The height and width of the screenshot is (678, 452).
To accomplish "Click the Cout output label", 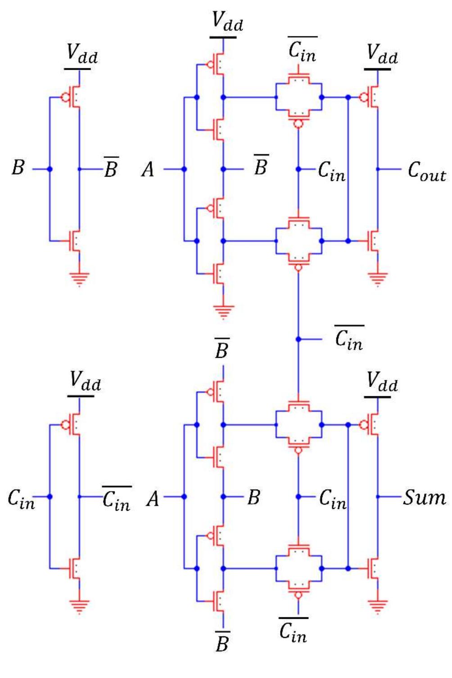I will click(x=426, y=171).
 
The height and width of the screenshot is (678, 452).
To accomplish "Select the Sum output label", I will click(x=424, y=498).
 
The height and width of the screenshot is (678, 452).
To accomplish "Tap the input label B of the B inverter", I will click(x=18, y=168).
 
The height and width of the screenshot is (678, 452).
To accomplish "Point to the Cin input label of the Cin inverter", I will click(x=21, y=498).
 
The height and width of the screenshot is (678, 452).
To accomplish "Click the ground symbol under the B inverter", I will click(x=79, y=278).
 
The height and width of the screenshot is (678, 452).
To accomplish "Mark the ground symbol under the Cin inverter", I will click(x=79, y=606).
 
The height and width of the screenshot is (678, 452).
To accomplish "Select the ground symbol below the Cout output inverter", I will click(x=377, y=278).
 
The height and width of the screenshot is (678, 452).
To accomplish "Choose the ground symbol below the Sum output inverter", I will click(x=377, y=606).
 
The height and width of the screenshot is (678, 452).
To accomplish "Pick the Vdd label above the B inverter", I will click(x=81, y=54).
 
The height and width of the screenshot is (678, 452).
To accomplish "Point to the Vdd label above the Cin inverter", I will click(x=85, y=382).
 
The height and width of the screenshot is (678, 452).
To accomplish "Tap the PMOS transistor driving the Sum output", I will click(x=371, y=424).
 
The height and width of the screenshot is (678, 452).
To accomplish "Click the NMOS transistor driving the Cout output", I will click(x=372, y=241).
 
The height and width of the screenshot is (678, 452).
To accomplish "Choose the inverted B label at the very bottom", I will click(x=222, y=642).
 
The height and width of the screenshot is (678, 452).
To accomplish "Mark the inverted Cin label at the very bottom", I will click(x=293, y=630).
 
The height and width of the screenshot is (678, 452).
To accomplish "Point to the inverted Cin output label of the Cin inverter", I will click(x=117, y=498).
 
